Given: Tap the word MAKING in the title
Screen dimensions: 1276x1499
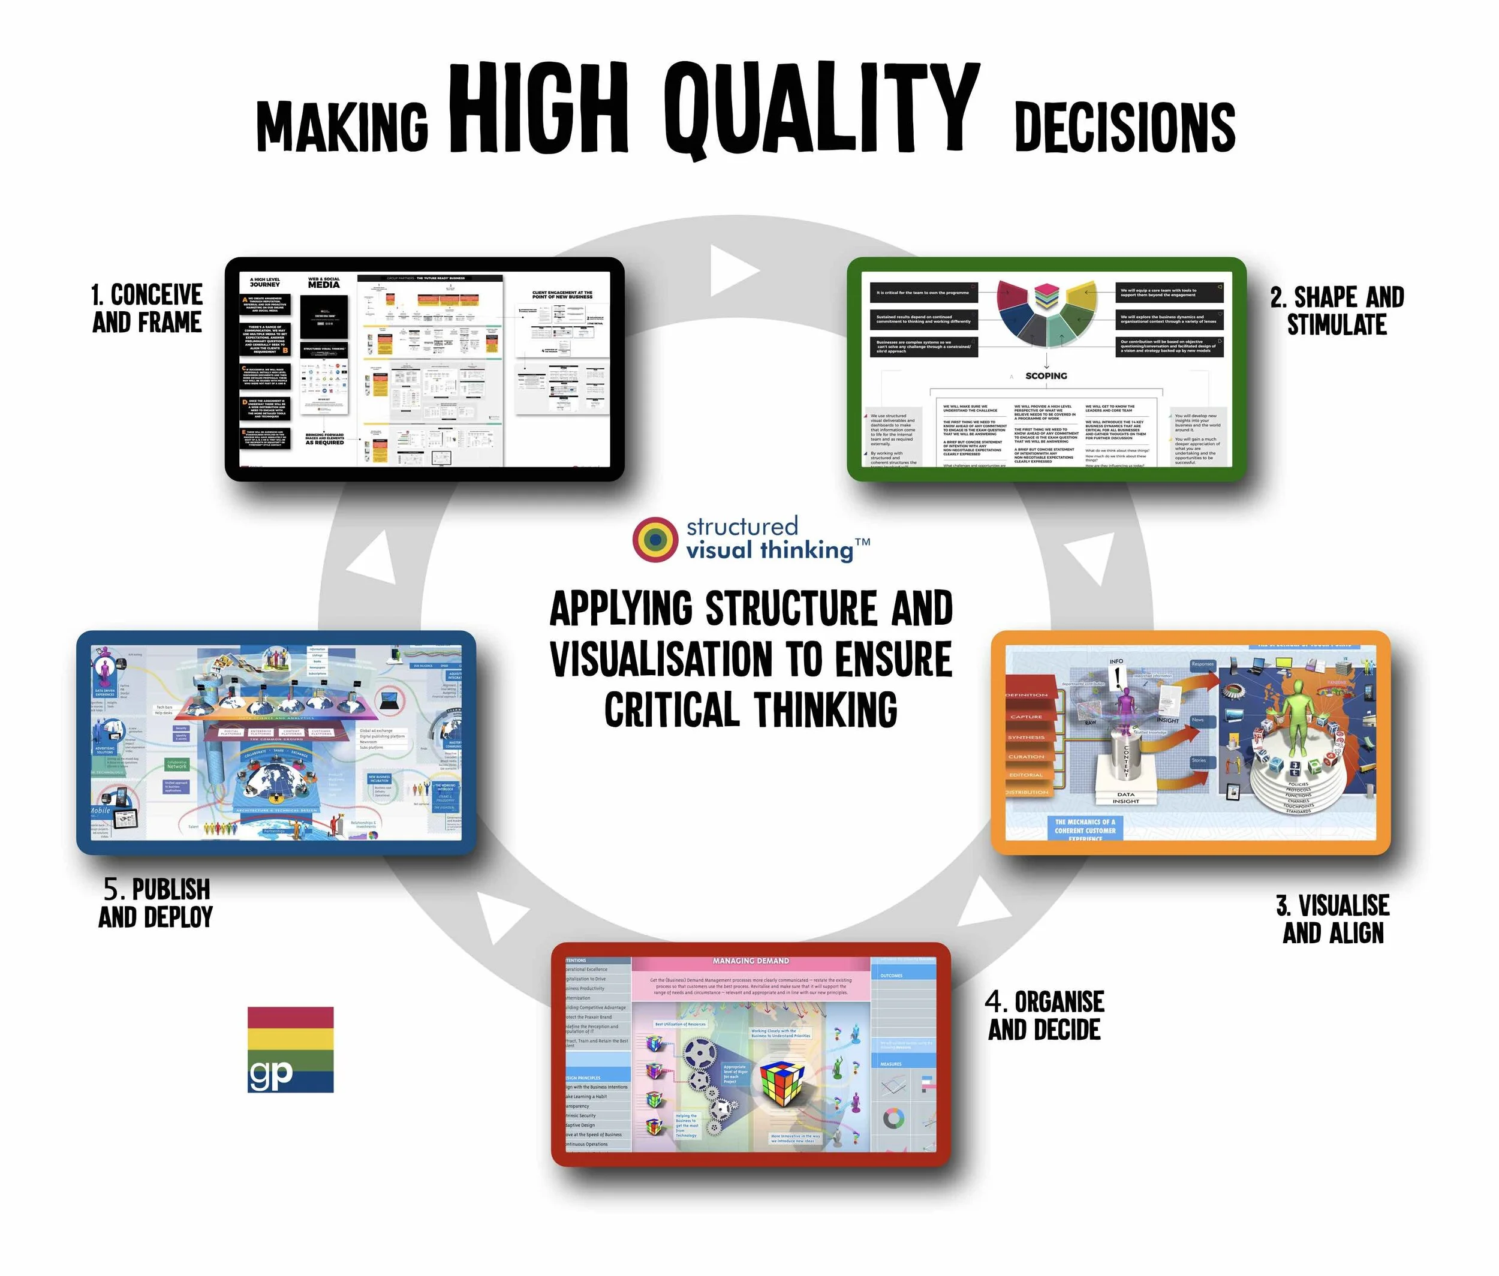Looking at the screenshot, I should pos(342,126).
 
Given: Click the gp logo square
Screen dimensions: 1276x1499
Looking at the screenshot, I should pos(290,1049).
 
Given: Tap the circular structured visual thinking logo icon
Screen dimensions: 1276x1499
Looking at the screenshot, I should pos(655,539).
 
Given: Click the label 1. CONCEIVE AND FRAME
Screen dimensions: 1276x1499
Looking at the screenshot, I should pos(147,308).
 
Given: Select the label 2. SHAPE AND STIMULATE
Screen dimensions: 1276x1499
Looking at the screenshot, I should pos(1337,311).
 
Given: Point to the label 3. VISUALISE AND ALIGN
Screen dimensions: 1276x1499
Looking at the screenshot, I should pos(1332,919).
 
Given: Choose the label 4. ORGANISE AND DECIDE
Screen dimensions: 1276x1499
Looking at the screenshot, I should pos(1045,1015).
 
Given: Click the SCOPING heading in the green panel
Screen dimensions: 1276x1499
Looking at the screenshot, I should pos(1045,375).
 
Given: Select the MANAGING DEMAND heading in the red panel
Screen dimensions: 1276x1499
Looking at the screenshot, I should pos(750,961).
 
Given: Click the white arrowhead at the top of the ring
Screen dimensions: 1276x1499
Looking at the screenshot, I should pos(731,270).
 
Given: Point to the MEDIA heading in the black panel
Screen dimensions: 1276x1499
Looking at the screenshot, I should pos(323,284).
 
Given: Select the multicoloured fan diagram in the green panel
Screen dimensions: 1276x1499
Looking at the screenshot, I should pos(1045,315).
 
